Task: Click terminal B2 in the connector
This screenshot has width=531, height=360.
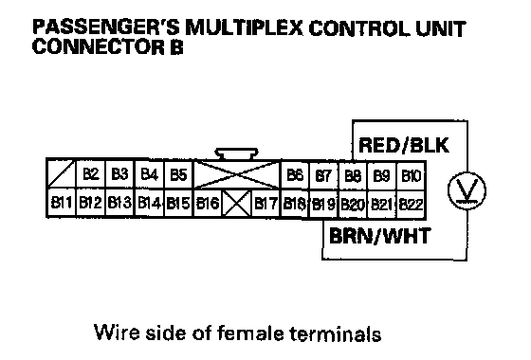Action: click(91, 174)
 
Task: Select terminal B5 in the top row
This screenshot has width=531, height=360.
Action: click(178, 174)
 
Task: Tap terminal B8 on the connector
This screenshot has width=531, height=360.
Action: click(353, 175)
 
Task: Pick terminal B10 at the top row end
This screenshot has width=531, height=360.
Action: click(412, 175)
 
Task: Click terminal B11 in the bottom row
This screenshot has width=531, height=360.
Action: click(62, 203)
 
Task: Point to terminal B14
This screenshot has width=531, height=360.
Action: click(150, 203)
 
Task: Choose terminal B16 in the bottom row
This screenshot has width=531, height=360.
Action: click(208, 203)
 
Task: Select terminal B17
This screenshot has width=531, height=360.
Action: click(265, 204)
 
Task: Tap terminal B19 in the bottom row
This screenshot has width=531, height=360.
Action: click(323, 204)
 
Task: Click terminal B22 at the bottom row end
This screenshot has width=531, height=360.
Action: click(412, 205)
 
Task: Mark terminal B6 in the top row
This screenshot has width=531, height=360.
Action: click(295, 175)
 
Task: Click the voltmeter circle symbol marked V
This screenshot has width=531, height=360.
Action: click(467, 190)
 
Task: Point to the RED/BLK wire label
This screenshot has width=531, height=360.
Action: click(404, 145)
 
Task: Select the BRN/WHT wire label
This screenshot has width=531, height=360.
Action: click(379, 236)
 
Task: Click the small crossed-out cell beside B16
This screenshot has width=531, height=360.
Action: click(237, 203)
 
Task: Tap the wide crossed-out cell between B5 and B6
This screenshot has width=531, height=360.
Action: click(237, 174)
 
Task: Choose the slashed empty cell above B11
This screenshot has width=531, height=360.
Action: click(62, 174)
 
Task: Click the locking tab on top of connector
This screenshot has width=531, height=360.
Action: click(237, 153)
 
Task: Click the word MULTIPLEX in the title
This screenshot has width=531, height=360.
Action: click(245, 28)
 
